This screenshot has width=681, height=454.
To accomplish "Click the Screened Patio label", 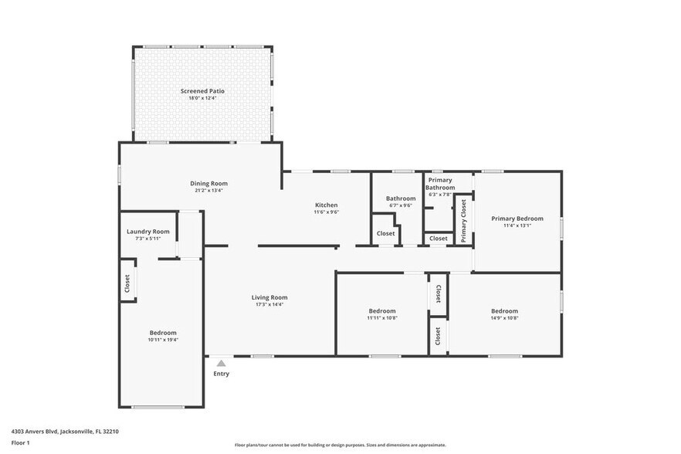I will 202,91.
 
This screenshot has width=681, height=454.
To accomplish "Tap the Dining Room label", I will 209,183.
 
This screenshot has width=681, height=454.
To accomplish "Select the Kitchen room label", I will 326,205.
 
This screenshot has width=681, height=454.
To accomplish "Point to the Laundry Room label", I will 148,232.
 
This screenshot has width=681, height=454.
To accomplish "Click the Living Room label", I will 269,297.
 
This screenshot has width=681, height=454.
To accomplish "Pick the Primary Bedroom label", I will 517,219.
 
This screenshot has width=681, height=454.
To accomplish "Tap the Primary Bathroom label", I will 441,184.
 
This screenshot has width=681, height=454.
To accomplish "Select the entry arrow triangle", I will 222,363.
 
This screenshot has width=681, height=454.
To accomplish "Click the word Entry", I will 222,374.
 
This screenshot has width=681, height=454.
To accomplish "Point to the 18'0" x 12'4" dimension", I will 202,98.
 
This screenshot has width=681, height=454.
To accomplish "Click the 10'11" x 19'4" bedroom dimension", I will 163,340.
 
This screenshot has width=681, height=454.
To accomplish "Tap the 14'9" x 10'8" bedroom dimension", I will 504,318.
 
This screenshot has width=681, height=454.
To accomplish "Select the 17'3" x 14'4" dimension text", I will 269,304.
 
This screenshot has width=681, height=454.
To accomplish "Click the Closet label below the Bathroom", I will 385,234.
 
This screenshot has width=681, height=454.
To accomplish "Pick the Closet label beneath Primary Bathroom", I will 439,239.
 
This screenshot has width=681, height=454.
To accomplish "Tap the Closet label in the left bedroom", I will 127,284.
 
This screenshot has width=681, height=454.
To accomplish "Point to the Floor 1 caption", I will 20,443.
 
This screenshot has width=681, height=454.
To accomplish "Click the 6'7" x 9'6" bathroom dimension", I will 401,206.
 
